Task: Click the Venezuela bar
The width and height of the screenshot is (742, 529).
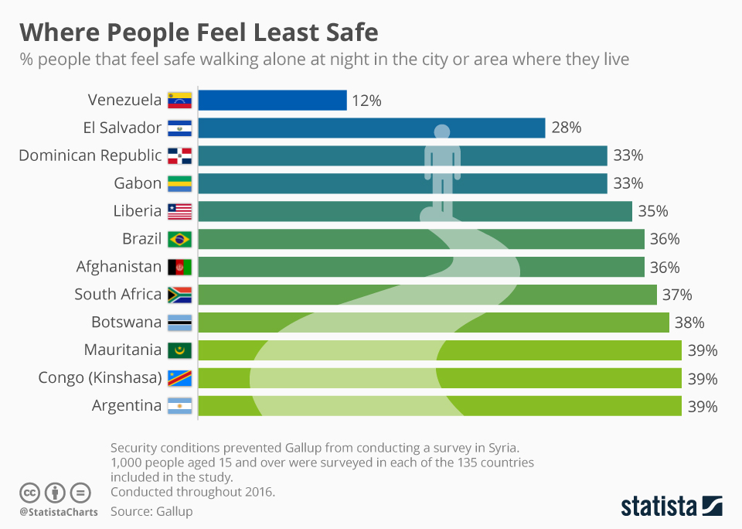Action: coord(272,101)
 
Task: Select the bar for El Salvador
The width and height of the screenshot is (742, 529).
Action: coord(371,128)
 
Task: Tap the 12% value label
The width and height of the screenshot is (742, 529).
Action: coord(367,101)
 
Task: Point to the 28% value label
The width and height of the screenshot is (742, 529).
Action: coord(566,128)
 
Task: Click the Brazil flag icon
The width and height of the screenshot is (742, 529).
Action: coord(179,239)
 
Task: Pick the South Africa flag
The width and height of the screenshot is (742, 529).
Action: coord(179,295)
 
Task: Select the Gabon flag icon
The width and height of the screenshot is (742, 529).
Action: coord(179,183)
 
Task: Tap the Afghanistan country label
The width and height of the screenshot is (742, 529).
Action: coord(119,267)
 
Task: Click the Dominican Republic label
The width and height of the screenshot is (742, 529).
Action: coord(90,155)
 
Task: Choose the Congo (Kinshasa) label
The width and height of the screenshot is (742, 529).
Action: coord(100,378)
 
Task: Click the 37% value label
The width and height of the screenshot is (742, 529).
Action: coord(677,295)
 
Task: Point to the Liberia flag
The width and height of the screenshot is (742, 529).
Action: coord(179,211)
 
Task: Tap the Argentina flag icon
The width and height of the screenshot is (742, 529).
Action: coord(179,406)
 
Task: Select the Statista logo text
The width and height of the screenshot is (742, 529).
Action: coord(659,507)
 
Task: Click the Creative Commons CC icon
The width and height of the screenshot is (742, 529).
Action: coord(30,492)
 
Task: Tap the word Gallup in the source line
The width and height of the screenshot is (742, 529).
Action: coord(175,511)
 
